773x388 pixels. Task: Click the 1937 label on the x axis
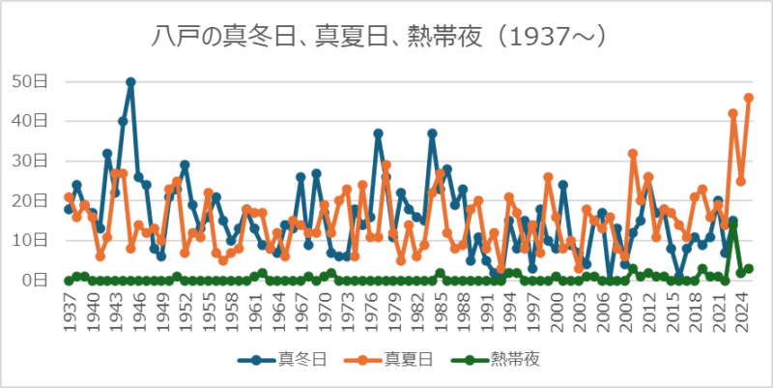(x=69, y=309)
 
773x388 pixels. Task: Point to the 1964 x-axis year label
(x=277, y=309)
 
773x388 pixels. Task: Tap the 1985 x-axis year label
(x=440, y=309)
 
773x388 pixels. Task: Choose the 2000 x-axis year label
(x=556, y=309)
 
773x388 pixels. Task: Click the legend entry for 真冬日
(x=290, y=359)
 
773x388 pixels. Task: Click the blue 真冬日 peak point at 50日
(x=130, y=82)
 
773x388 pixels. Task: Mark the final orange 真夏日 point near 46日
(x=749, y=98)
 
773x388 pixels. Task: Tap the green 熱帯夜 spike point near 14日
(x=733, y=224)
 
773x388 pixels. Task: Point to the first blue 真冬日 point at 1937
(x=69, y=209)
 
